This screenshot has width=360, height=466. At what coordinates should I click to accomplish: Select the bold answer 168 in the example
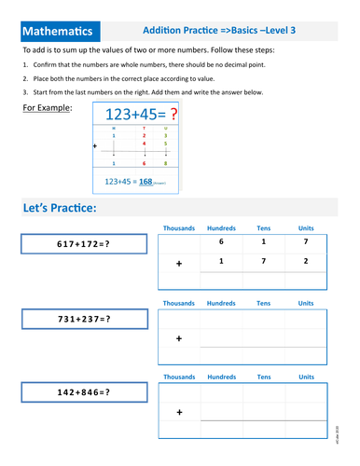pyautogui.click(x=145, y=182)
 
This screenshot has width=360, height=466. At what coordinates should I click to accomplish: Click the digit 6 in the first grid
pyautogui.click(x=222, y=243)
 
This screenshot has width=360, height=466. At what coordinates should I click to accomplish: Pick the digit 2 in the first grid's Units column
pyautogui.click(x=305, y=262)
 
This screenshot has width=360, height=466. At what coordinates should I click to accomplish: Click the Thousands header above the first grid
pyautogui.click(x=179, y=227)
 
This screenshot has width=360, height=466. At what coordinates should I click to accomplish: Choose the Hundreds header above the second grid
pyautogui.click(x=221, y=303)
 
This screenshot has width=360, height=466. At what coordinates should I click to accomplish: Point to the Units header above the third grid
pyautogui.click(x=305, y=377)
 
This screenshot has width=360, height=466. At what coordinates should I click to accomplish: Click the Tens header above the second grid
pyautogui.click(x=264, y=303)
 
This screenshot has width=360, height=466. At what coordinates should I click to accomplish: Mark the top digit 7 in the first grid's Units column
pyautogui.click(x=305, y=243)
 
